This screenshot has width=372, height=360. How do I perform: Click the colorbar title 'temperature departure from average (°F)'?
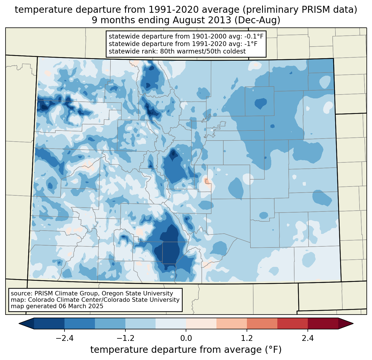(x=186, y=350)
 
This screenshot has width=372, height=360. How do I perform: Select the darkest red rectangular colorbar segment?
(x=323, y=323)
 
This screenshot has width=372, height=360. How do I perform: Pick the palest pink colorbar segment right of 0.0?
(x=201, y=323)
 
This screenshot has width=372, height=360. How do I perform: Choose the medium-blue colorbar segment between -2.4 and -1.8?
(x=80, y=323)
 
